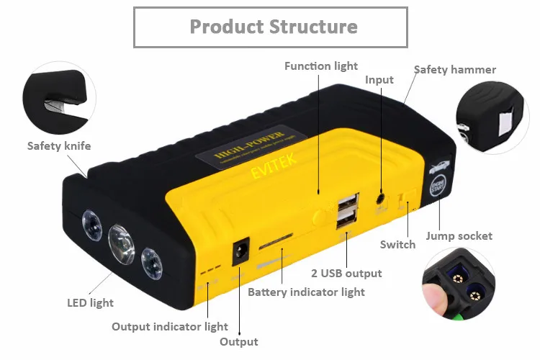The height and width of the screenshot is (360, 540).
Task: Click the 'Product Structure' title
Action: [x=273, y=27]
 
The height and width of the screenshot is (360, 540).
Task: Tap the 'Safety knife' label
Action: [x=59, y=146]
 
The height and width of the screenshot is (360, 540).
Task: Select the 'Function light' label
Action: [x=321, y=66]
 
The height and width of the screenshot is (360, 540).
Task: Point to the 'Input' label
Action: [x=379, y=79]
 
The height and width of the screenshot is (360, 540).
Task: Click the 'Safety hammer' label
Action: [x=454, y=70]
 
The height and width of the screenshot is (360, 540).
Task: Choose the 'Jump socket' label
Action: [x=459, y=235]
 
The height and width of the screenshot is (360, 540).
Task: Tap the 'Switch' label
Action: [x=397, y=244]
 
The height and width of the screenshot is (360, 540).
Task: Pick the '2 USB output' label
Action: [x=346, y=273]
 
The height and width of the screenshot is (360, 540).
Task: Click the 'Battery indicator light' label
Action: [x=306, y=292]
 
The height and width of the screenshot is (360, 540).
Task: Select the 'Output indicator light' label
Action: [x=170, y=327]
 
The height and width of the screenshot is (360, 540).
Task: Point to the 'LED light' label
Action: [x=91, y=303]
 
